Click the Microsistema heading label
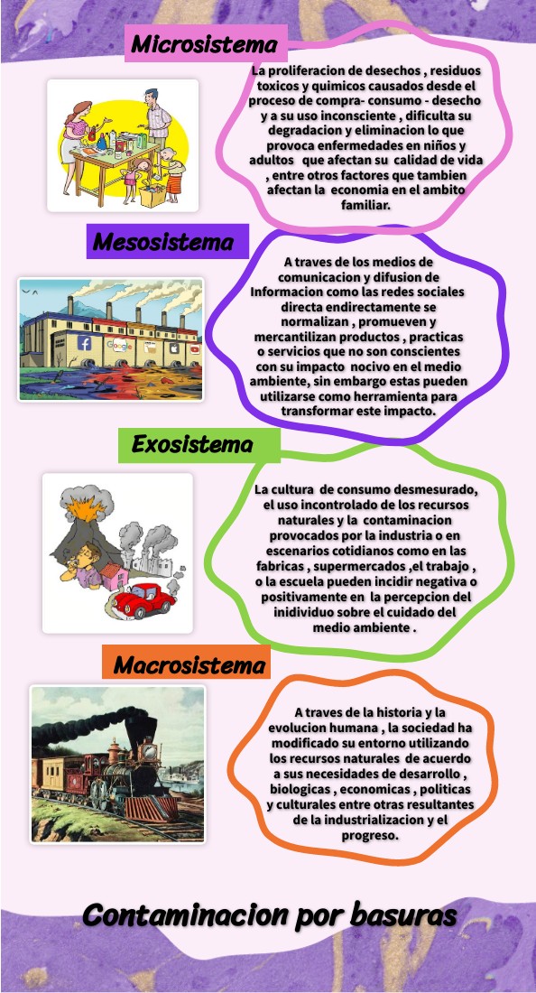click(206, 43)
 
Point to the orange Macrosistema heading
click(190, 666)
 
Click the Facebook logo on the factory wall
click(86, 344)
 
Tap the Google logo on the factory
click(119, 346)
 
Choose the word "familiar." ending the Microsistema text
click(365, 205)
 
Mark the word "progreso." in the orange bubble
click(370, 835)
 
